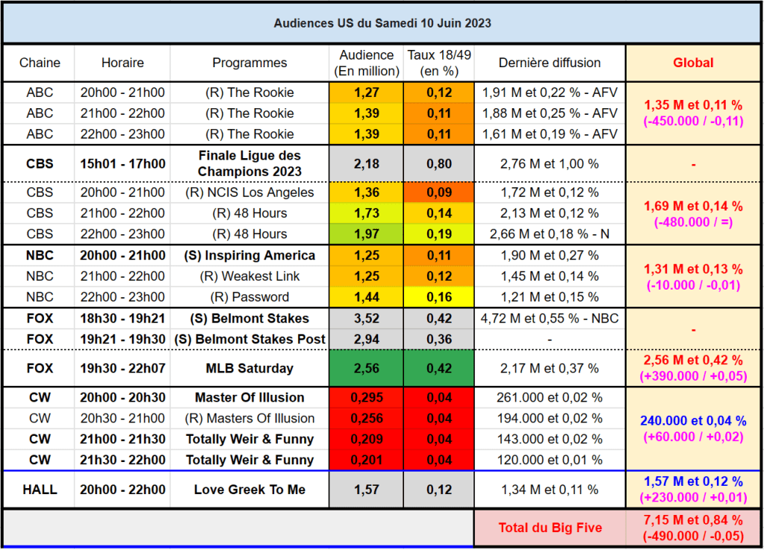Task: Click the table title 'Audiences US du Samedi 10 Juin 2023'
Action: click(x=382, y=23)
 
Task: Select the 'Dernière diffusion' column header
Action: click(x=549, y=63)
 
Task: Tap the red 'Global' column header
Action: click(x=693, y=63)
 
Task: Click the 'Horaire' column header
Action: click(x=122, y=63)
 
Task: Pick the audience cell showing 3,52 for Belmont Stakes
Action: click(x=367, y=319)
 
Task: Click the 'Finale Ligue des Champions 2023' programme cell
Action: click(x=249, y=163)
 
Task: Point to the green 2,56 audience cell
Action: click(x=367, y=369)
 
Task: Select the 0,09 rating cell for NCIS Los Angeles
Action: click(x=439, y=193)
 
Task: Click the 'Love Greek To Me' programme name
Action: click(x=249, y=490)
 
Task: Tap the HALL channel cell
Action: click(x=40, y=490)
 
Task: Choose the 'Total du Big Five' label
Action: click(x=550, y=528)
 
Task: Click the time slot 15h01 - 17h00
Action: click(x=122, y=163)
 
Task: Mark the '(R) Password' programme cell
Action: click(x=249, y=297)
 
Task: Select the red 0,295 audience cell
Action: click(x=367, y=398)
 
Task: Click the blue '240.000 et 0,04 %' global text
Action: click(x=693, y=421)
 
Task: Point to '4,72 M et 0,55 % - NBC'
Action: click(x=549, y=319)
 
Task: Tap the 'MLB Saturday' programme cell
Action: click(x=249, y=369)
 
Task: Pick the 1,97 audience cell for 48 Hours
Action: click(x=367, y=234)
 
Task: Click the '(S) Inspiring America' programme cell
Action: click(x=249, y=255)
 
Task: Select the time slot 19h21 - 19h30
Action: click(x=122, y=340)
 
